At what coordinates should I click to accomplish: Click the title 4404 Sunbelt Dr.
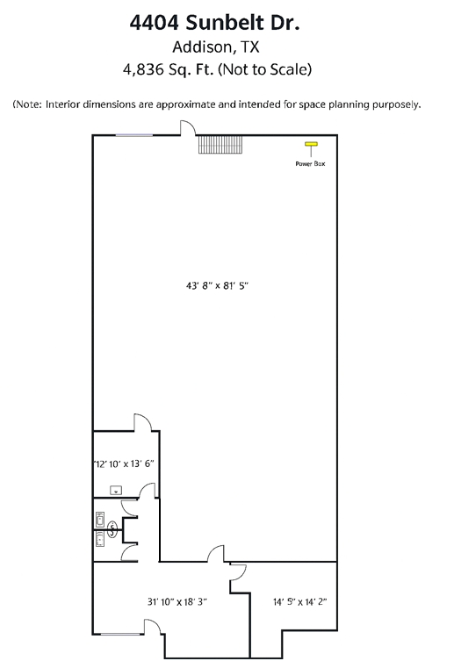(x=214, y=22)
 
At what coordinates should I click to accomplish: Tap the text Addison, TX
(x=215, y=47)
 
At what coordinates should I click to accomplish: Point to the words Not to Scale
(x=264, y=69)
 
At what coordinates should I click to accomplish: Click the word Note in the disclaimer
(x=28, y=104)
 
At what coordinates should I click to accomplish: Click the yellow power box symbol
(x=311, y=144)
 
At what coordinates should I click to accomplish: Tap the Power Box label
(x=310, y=163)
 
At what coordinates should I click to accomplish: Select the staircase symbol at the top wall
(x=220, y=145)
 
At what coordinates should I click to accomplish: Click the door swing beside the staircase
(x=188, y=127)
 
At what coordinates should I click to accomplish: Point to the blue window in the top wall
(x=134, y=135)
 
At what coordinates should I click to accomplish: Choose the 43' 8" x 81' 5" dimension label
(x=217, y=286)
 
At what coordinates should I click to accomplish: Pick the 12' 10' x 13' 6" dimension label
(x=124, y=463)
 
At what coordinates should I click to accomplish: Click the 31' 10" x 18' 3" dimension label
(x=177, y=601)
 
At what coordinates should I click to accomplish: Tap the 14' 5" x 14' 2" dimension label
(x=300, y=601)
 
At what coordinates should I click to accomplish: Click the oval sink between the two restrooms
(x=112, y=529)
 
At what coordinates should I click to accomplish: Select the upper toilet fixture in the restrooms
(x=100, y=520)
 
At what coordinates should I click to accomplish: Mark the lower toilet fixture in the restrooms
(x=100, y=539)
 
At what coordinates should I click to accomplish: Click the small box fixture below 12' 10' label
(x=116, y=491)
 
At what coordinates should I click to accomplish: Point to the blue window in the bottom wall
(x=120, y=634)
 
